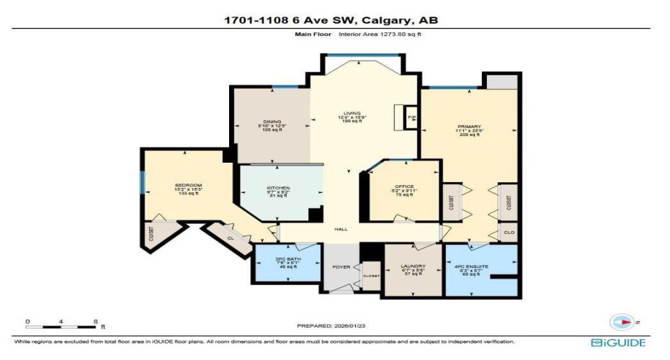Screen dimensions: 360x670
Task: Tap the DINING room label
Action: click(x=272, y=122)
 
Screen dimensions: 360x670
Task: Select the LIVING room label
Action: click(x=352, y=113)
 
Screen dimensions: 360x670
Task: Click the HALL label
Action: click(x=341, y=229)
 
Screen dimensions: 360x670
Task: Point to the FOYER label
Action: click(x=341, y=266)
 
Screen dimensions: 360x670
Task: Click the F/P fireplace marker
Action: click(x=411, y=117)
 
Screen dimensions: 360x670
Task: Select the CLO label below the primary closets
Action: click(x=508, y=233)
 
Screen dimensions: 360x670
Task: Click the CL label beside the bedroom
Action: click(x=230, y=236)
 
